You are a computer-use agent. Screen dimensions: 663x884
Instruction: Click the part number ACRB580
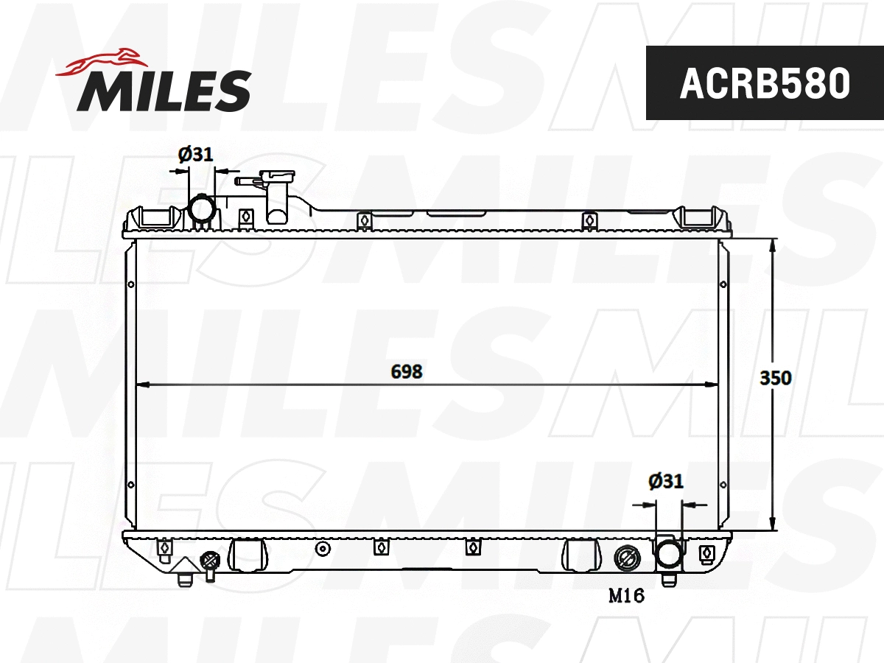[765, 83]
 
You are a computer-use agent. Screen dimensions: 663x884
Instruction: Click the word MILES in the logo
[164, 90]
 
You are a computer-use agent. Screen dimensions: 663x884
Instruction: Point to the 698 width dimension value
[407, 372]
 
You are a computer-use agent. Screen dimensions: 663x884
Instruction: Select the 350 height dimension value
[775, 378]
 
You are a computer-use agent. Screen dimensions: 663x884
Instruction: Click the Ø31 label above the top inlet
[195, 154]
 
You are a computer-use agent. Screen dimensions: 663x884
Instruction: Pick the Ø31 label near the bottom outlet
[666, 482]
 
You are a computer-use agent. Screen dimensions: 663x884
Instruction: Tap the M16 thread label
[626, 596]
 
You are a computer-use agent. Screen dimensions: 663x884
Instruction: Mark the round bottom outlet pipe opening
[669, 554]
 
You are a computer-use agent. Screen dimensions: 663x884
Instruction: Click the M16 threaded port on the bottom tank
[626, 558]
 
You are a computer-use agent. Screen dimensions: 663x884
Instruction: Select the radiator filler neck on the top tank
[277, 194]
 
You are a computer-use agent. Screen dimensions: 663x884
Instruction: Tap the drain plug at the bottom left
[210, 563]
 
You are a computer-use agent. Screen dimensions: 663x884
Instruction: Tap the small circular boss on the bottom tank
[322, 549]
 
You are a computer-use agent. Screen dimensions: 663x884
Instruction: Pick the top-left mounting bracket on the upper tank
[155, 217]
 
